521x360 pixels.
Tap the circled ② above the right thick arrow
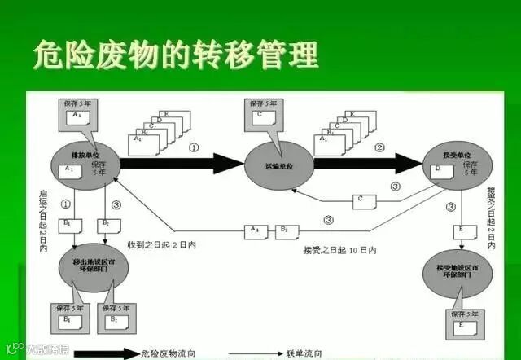click(379, 147)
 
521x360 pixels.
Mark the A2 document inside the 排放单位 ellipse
click(72, 169)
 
